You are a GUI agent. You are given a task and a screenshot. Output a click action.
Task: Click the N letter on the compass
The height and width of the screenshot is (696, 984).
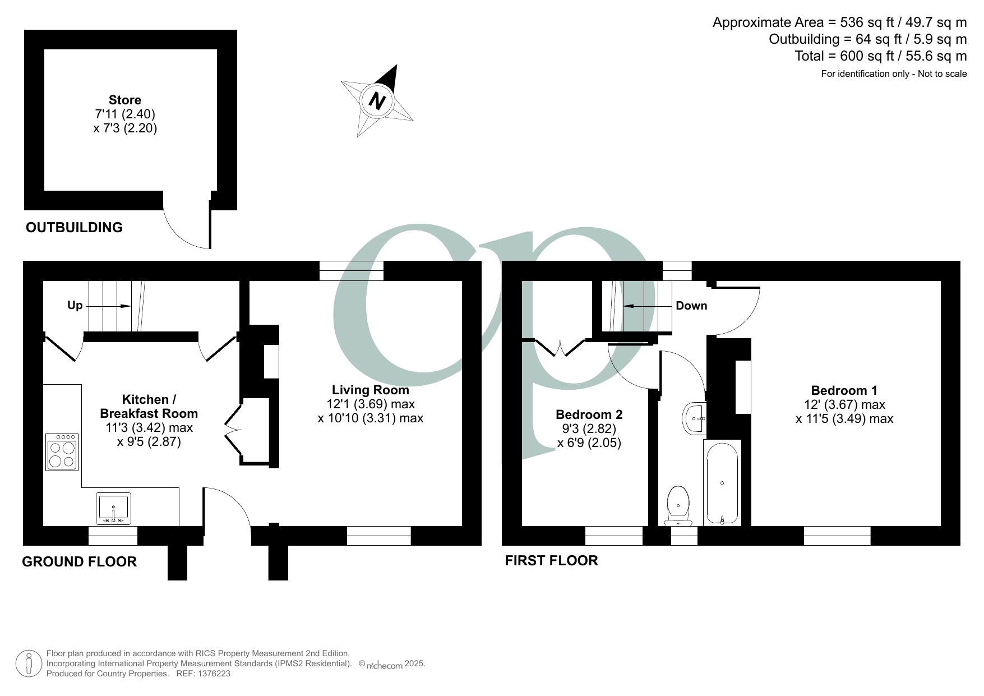[x=377, y=102]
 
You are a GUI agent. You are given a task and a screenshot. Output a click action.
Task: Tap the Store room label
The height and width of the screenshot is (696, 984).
[x=124, y=100]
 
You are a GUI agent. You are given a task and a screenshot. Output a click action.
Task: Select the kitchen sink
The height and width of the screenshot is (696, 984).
[x=114, y=509]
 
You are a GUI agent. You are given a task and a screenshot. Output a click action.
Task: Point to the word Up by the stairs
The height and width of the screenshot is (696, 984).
[x=75, y=305]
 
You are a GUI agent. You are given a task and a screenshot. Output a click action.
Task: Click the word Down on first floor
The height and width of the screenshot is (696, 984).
[x=691, y=306]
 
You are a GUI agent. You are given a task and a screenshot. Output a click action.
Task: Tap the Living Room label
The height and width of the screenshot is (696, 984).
[x=370, y=390]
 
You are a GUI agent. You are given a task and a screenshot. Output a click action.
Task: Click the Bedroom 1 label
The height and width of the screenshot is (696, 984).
[x=844, y=390]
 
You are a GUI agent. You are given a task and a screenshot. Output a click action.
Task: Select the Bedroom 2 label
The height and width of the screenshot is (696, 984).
[x=589, y=414]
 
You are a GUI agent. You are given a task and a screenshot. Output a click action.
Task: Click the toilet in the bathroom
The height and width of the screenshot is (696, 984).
[x=678, y=505]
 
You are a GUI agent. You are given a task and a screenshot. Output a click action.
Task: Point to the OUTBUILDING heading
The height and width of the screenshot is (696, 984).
[x=74, y=227]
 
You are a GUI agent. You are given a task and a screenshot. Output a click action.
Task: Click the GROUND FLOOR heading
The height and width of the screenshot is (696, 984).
[x=79, y=561]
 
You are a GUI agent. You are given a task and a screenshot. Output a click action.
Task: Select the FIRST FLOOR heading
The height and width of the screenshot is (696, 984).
[x=551, y=560]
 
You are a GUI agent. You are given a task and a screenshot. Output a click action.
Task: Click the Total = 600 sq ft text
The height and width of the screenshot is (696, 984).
[x=880, y=56]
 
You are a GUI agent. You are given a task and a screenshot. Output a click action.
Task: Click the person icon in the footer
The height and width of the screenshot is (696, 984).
[x=29, y=663]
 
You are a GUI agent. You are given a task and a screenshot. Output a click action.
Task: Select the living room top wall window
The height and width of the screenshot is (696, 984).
[x=352, y=271]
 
